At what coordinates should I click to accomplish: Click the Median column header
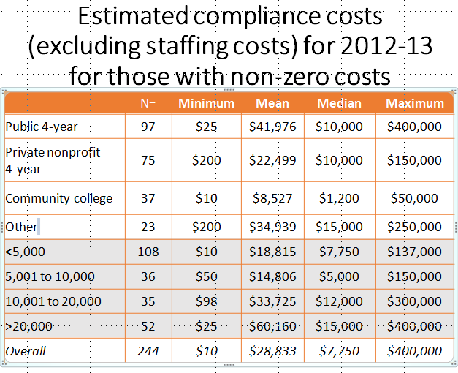click(339, 103)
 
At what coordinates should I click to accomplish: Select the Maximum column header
click(414, 103)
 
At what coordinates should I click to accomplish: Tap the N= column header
click(148, 103)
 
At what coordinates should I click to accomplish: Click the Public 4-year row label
click(42, 127)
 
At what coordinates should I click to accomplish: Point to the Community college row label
click(59, 198)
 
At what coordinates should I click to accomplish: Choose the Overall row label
click(26, 351)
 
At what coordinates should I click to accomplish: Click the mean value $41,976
click(272, 127)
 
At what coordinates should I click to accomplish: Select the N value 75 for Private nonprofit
click(148, 160)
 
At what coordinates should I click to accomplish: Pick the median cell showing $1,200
click(339, 198)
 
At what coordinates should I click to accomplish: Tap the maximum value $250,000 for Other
click(414, 227)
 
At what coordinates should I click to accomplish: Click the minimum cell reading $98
click(207, 301)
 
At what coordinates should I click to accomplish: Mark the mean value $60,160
click(272, 326)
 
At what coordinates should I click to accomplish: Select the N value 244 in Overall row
click(148, 351)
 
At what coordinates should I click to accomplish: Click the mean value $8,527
click(272, 198)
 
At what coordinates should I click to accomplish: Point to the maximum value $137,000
click(414, 252)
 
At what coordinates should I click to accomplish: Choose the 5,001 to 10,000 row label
click(50, 276)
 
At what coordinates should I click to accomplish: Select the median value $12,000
click(339, 301)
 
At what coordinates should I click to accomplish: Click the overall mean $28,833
click(272, 351)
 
